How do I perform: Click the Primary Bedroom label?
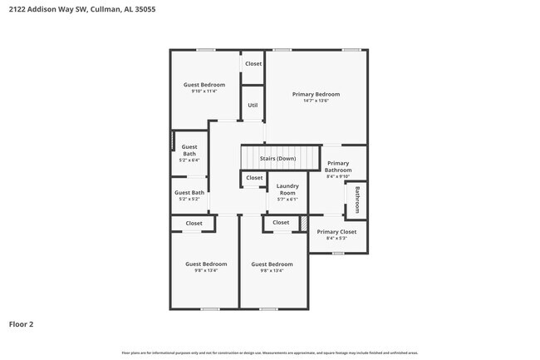(x=316, y=94)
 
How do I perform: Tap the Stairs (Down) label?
(x=277, y=158)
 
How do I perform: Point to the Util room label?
(x=253, y=106)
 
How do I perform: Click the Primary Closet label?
(x=336, y=232)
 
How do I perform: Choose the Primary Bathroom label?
(x=338, y=166)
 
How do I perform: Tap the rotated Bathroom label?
(x=358, y=200)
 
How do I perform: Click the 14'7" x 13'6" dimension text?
(x=316, y=101)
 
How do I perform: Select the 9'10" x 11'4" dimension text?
(x=204, y=91)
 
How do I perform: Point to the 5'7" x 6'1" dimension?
(x=287, y=200)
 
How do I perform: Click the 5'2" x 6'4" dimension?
(x=189, y=160)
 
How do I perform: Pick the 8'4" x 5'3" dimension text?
(x=336, y=239)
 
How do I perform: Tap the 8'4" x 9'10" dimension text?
(x=338, y=176)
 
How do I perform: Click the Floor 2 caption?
(x=22, y=323)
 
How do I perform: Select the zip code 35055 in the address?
(x=142, y=9)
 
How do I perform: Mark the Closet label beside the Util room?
(x=253, y=63)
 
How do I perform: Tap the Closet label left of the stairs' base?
(x=254, y=178)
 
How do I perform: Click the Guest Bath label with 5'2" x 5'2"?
(x=189, y=193)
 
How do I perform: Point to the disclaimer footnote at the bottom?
(x=270, y=353)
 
